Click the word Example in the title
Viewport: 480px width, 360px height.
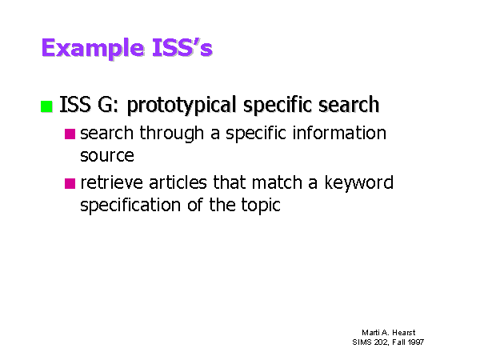click(93, 48)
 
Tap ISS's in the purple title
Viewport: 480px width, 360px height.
click(182, 47)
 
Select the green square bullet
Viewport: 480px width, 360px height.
click(46, 106)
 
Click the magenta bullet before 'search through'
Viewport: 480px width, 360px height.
click(70, 134)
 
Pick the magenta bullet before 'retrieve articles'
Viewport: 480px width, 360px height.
click(70, 183)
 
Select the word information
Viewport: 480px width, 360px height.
click(339, 133)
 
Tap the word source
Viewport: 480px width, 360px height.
click(107, 155)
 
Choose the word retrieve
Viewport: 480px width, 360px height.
click(111, 182)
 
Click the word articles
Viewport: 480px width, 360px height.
click(178, 182)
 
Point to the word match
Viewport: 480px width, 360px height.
click(277, 182)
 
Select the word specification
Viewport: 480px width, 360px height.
click(130, 205)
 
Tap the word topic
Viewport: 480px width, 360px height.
click(260, 206)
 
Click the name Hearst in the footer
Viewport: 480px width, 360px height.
click(404, 333)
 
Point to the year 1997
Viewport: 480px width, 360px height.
click(416, 342)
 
